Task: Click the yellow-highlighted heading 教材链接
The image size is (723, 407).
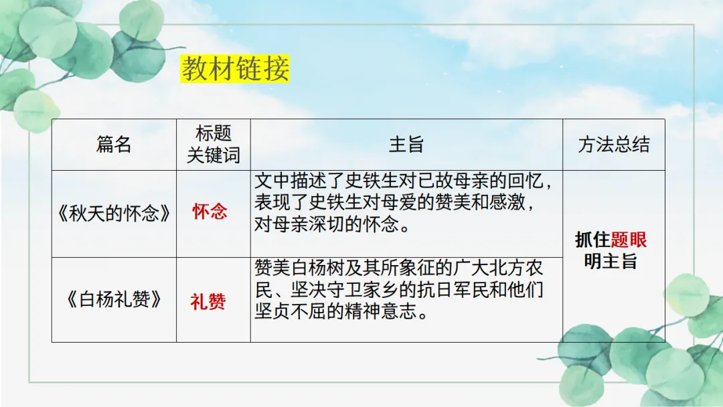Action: click(236, 70)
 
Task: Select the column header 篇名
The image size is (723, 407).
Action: click(114, 145)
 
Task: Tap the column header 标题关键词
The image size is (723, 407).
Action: click(214, 145)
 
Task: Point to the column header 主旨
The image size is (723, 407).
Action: click(406, 145)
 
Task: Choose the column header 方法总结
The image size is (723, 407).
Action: click(613, 145)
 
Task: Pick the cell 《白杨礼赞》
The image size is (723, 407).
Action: click(114, 299)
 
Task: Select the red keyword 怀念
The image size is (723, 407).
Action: click(210, 212)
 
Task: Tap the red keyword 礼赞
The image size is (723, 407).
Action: click(208, 302)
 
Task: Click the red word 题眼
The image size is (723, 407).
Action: click(629, 240)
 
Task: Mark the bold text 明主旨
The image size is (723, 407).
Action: click(611, 261)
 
